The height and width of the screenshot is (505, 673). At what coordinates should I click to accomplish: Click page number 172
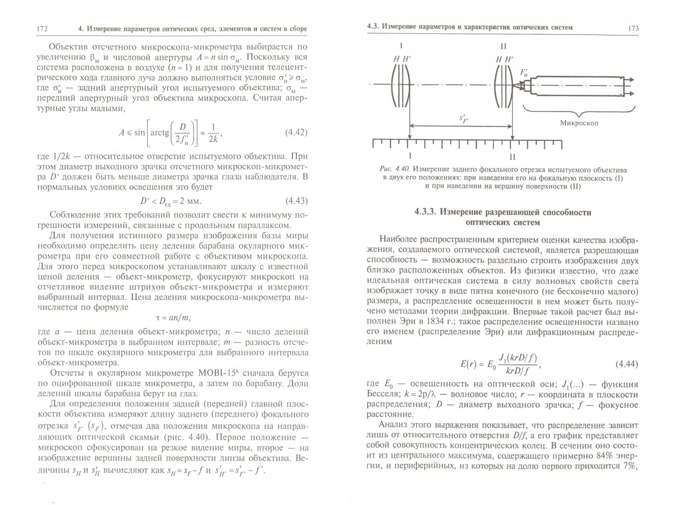point(42,29)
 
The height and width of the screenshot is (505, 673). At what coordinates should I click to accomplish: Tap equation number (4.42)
point(296,132)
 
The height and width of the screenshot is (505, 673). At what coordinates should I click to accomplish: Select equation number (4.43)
point(296,201)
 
